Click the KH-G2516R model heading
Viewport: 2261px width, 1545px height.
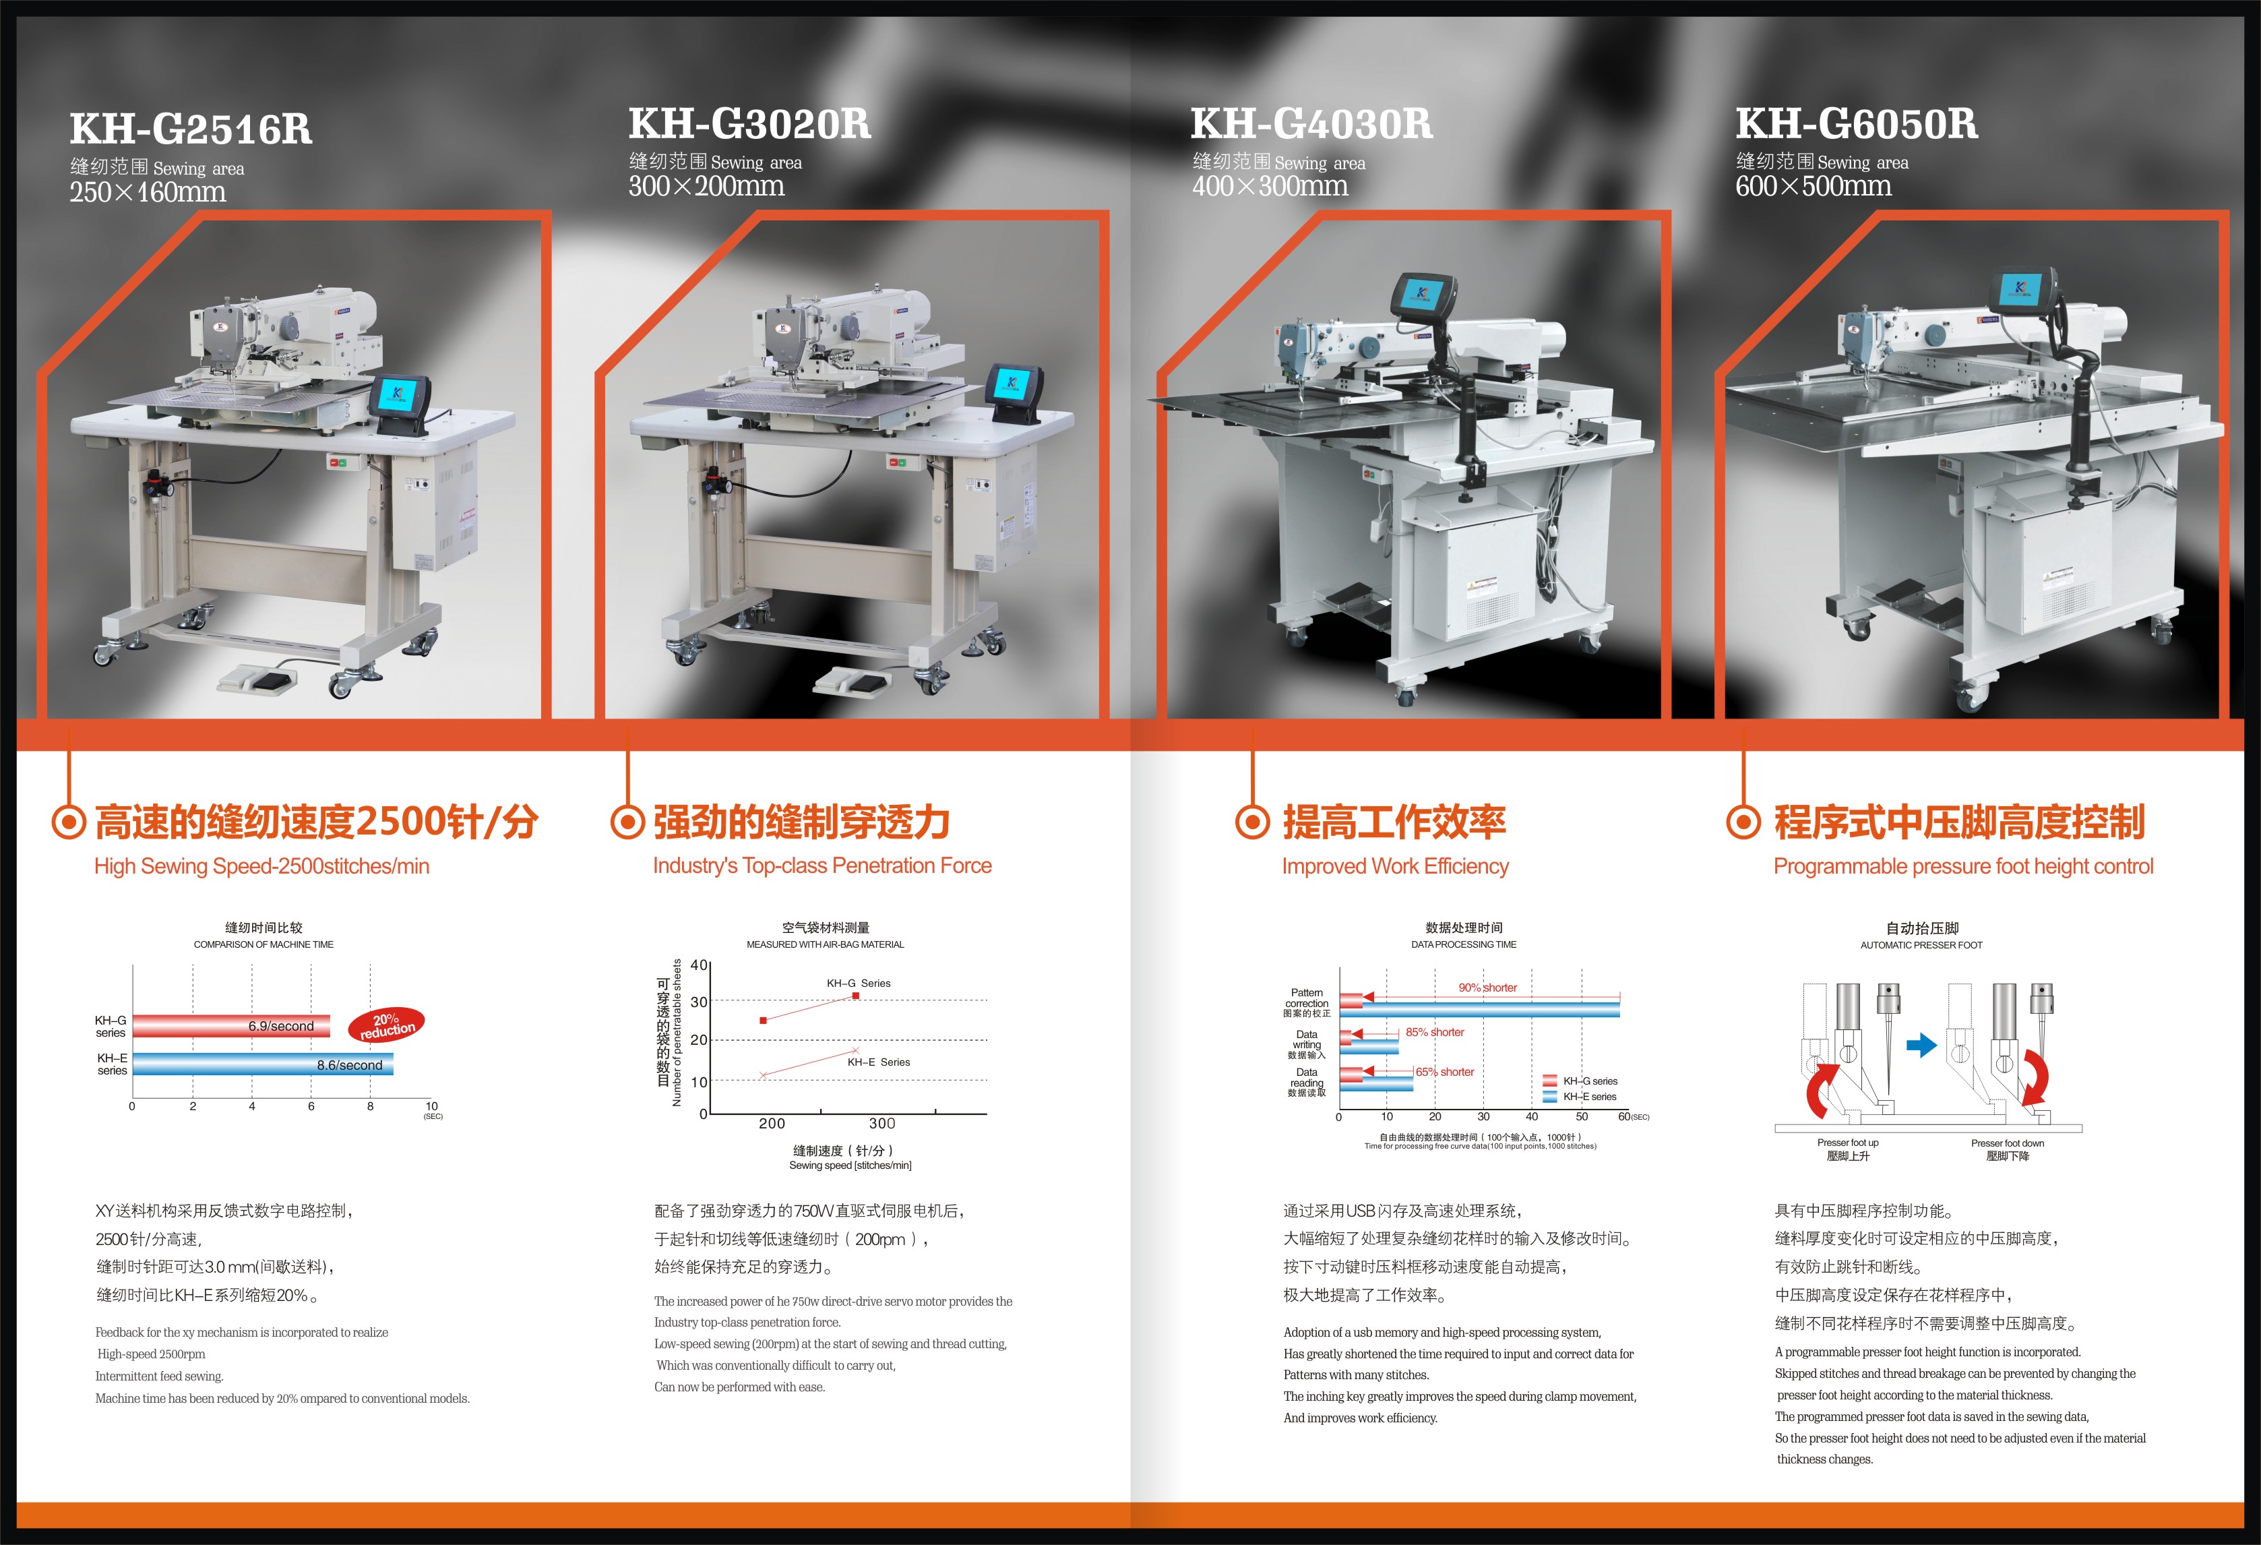(191, 129)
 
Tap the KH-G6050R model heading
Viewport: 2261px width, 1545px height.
(1856, 123)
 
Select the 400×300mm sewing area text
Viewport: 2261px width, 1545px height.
(1270, 186)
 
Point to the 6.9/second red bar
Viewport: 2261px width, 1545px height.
(232, 1025)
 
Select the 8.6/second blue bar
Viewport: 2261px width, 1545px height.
(263, 1064)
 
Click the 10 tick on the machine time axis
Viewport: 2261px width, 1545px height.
(432, 1106)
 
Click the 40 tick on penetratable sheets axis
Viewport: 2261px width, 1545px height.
(699, 965)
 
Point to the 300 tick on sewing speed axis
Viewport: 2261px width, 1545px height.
(882, 1124)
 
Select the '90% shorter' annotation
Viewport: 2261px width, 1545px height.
(1487, 988)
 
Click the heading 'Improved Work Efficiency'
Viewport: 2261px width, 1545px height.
(1395, 866)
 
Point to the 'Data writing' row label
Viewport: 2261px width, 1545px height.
(1307, 1044)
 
